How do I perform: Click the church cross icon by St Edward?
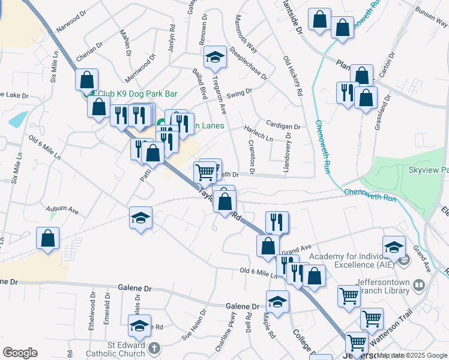click(x=154, y=347)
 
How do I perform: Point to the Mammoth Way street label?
click(x=246, y=42)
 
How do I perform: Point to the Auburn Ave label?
click(x=62, y=210)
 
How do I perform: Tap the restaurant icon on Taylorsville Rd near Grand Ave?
click(x=277, y=221)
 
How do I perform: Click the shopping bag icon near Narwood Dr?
click(x=87, y=79)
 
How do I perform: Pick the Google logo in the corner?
click(x=20, y=353)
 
